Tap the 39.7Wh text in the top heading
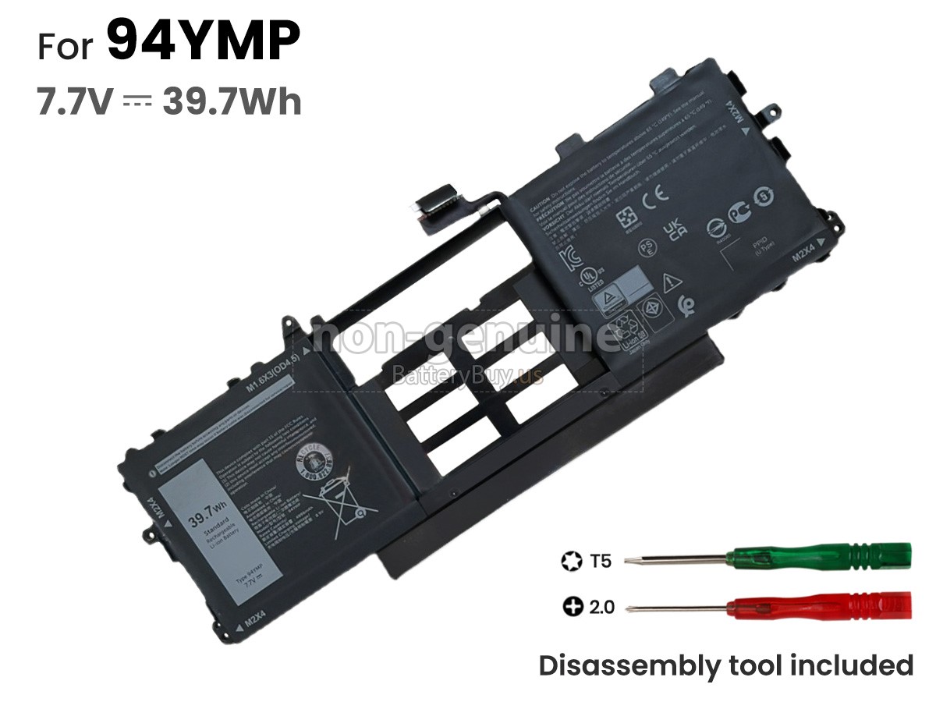(x=232, y=101)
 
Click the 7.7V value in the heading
(x=76, y=101)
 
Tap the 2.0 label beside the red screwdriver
(x=601, y=606)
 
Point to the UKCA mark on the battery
(x=674, y=229)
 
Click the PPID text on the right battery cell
(x=759, y=243)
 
